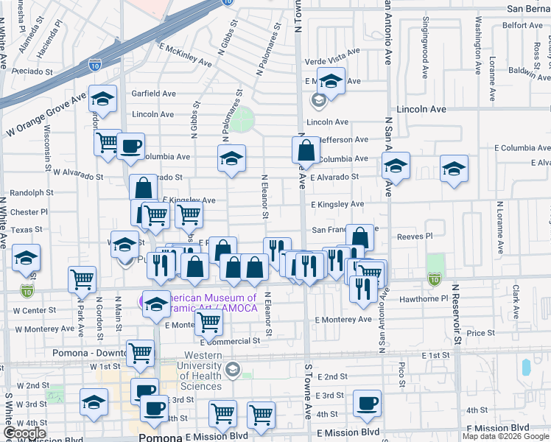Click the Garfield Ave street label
153,94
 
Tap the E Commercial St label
230,341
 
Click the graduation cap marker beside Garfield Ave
102,97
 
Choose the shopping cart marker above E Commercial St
210,321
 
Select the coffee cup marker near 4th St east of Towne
366,402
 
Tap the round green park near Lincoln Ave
241,118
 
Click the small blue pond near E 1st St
526,367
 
